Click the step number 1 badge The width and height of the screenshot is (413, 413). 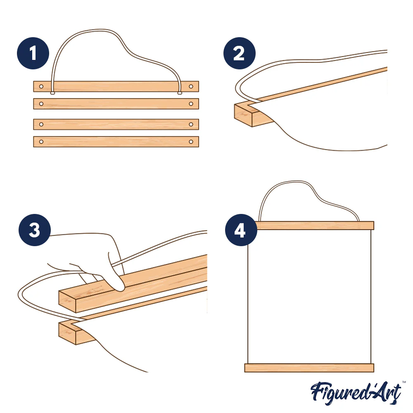pyautogui.click(x=33, y=53)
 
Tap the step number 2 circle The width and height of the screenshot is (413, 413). pyautogui.click(x=240, y=53)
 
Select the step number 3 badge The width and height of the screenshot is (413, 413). pyautogui.click(x=35, y=230)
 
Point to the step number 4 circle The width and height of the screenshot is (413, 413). pyautogui.click(x=241, y=230)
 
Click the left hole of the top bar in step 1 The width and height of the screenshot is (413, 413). pyautogui.click(x=41, y=86)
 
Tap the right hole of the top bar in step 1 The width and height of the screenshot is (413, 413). pyautogui.click(x=191, y=86)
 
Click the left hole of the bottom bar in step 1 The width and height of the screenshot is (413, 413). pyautogui.click(x=41, y=142)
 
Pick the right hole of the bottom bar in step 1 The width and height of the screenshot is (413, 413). pyautogui.click(x=191, y=142)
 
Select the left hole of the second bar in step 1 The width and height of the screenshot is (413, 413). pyautogui.click(x=41, y=104)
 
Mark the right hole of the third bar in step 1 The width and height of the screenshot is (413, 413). pyautogui.click(x=191, y=124)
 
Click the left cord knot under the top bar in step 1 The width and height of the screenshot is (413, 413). pyautogui.click(x=53, y=93)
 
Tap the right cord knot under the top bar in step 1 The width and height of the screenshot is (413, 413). pyautogui.click(x=180, y=93)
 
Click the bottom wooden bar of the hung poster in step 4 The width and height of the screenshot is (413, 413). pyautogui.click(x=309, y=368)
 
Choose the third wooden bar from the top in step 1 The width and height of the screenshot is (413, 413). pyautogui.click(x=116, y=124)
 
